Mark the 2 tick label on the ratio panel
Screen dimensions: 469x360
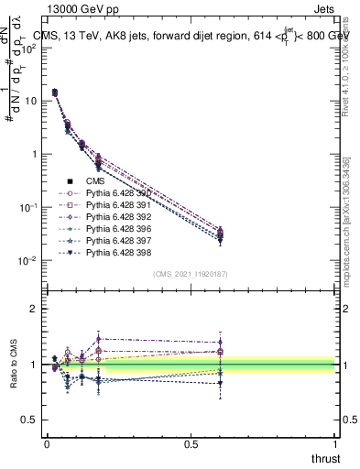(x=34, y=309)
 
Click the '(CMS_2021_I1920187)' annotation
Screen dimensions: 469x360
(x=191, y=273)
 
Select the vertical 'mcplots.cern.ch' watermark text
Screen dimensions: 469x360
(x=352, y=229)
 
